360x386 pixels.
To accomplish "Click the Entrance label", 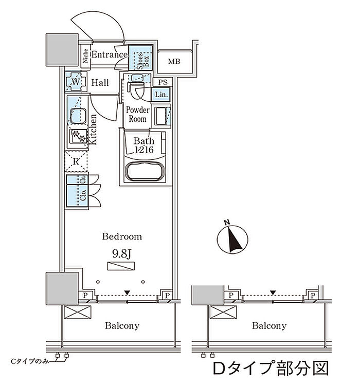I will click(x=109, y=54).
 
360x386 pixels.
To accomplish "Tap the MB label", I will click(x=174, y=62).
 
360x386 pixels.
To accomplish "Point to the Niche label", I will click(x=85, y=57).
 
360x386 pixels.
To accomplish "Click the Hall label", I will click(x=100, y=82).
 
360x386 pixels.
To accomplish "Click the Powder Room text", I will click(x=137, y=114).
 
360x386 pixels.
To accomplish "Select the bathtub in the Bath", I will click(x=145, y=172).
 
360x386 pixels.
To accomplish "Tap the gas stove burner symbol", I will click(x=79, y=137).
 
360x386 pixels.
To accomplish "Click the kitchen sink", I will click(x=78, y=116).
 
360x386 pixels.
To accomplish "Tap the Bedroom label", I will click(x=121, y=237).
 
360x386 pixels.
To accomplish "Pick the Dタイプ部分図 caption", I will click(x=270, y=369).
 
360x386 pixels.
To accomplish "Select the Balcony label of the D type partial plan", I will click(x=269, y=326).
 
